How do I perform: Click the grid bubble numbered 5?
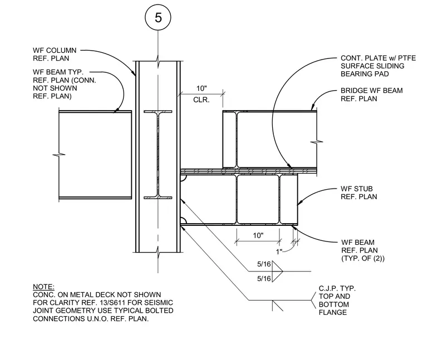[x=158, y=18]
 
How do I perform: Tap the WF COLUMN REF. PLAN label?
[x=55, y=54]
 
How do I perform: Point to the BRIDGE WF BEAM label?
[x=371, y=95]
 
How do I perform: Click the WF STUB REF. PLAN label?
[x=358, y=193]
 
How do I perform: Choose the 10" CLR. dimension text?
[x=201, y=94]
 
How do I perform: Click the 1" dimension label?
[x=279, y=252]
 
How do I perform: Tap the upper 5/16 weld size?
[x=264, y=264]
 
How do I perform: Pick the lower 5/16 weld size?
[x=264, y=278]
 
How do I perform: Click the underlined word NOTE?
[x=43, y=287]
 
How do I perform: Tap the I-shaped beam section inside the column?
[x=158, y=155]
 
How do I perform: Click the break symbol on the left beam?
[x=59, y=155]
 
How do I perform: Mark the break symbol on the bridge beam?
[x=317, y=141]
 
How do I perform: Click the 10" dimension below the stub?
[x=258, y=235]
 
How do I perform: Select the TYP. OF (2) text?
[x=363, y=258]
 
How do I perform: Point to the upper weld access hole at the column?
[x=184, y=177]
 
